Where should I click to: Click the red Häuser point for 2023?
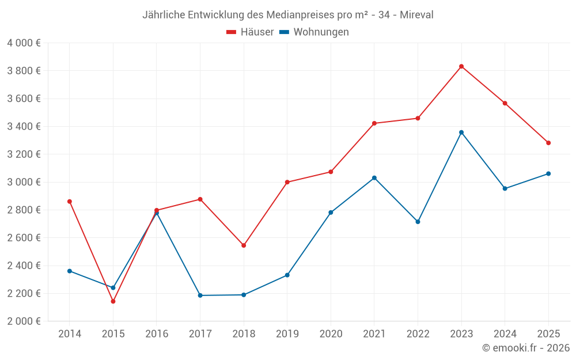(461, 66)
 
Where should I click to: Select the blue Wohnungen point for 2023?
(461, 132)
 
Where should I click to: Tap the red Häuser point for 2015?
(113, 301)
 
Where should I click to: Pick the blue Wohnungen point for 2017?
(200, 295)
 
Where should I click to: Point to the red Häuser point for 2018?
(244, 245)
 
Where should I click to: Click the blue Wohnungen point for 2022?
(418, 222)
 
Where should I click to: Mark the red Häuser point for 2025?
(548, 143)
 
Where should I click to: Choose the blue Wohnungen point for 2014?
(70, 271)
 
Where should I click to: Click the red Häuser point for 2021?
(374, 123)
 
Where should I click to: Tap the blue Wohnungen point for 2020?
(331, 213)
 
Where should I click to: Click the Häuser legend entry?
(251, 32)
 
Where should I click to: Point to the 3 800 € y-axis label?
(24, 71)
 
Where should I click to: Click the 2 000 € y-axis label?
(24, 321)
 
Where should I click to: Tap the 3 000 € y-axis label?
(24, 182)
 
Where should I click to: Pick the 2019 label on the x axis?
(287, 334)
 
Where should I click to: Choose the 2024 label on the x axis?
(505, 334)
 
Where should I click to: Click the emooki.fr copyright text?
(525, 348)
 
